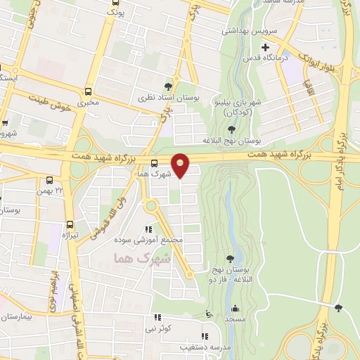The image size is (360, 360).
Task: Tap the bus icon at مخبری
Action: pyautogui.click(x=88, y=91)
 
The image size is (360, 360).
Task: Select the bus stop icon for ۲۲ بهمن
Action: pyautogui.click(x=49, y=180)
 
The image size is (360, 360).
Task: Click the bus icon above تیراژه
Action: pyautogui.click(x=69, y=224)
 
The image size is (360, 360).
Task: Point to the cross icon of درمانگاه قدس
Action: pyautogui.click(x=265, y=48)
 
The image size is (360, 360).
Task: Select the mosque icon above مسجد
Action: pyautogui.click(x=234, y=308)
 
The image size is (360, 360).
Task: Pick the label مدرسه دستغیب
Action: pyautogui.click(x=202, y=347)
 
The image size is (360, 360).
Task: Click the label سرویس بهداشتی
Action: pyautogui.click(x=251, y=32)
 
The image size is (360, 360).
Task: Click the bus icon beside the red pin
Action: pyautogui.click(x=155, y=164)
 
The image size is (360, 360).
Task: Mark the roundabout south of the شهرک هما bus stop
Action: pyautogui.click(x=150, y=206)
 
